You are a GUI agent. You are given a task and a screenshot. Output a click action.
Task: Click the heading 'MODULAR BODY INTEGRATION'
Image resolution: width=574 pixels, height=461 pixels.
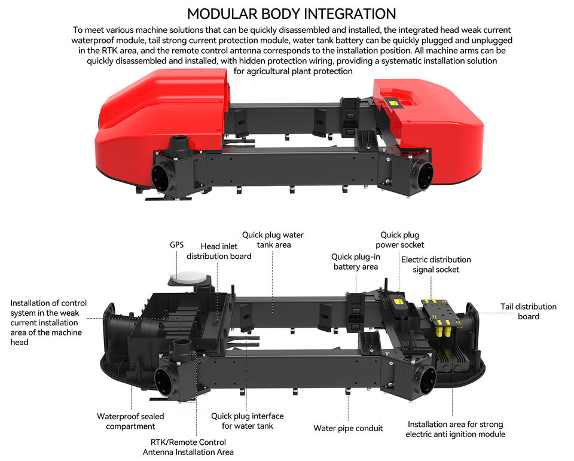(291, 13)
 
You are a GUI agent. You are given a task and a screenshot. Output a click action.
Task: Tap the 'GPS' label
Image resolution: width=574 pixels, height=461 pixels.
(176, 245)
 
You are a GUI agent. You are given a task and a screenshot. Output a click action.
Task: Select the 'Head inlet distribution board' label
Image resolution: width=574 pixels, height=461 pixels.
(219, 251)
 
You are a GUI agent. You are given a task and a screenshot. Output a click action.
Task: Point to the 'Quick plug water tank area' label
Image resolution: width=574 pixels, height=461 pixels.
(273, 240)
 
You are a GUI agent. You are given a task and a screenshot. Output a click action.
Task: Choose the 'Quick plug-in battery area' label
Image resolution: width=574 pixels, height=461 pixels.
(355, 262)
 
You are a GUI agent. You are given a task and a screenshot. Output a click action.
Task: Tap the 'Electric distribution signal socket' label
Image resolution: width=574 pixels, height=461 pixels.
(436, 264)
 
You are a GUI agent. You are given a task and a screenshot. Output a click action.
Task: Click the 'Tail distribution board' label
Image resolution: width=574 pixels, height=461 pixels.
(528, 312)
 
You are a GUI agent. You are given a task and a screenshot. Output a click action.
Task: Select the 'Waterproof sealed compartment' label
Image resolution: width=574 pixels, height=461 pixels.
(130, 421)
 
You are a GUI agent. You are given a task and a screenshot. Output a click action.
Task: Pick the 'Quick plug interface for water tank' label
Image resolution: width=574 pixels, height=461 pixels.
(247, 421)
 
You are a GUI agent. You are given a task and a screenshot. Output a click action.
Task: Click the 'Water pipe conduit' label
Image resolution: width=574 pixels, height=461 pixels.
(348, 428)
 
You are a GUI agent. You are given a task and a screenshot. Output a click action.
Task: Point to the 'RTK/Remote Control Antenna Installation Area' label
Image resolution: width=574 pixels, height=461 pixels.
(188, 447)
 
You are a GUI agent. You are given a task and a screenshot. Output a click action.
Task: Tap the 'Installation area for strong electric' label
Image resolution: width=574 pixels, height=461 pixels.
(456, 429)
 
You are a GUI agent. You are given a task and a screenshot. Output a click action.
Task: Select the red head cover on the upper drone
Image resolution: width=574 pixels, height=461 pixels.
(155, 120)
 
